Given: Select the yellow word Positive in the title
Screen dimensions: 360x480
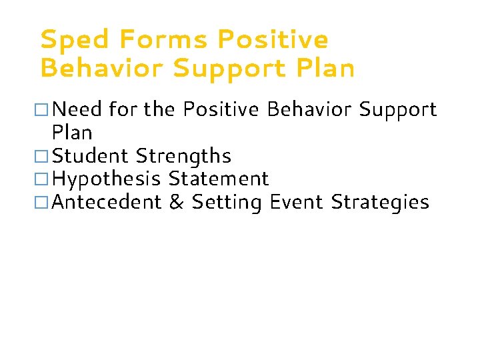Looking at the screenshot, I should click(x=273, y=40).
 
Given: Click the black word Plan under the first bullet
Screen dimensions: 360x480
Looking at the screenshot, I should click(x=72, y=132).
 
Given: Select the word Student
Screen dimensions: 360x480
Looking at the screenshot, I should click(x=91, y=156).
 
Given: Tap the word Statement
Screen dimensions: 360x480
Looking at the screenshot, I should click(x=219, y=179).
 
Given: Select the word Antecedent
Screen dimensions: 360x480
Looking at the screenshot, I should click(x=107, y=201).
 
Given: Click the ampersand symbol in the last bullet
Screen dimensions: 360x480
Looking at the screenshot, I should click(x=177, y=201).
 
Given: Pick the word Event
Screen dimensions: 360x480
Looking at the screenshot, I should click(x=297, y=201).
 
